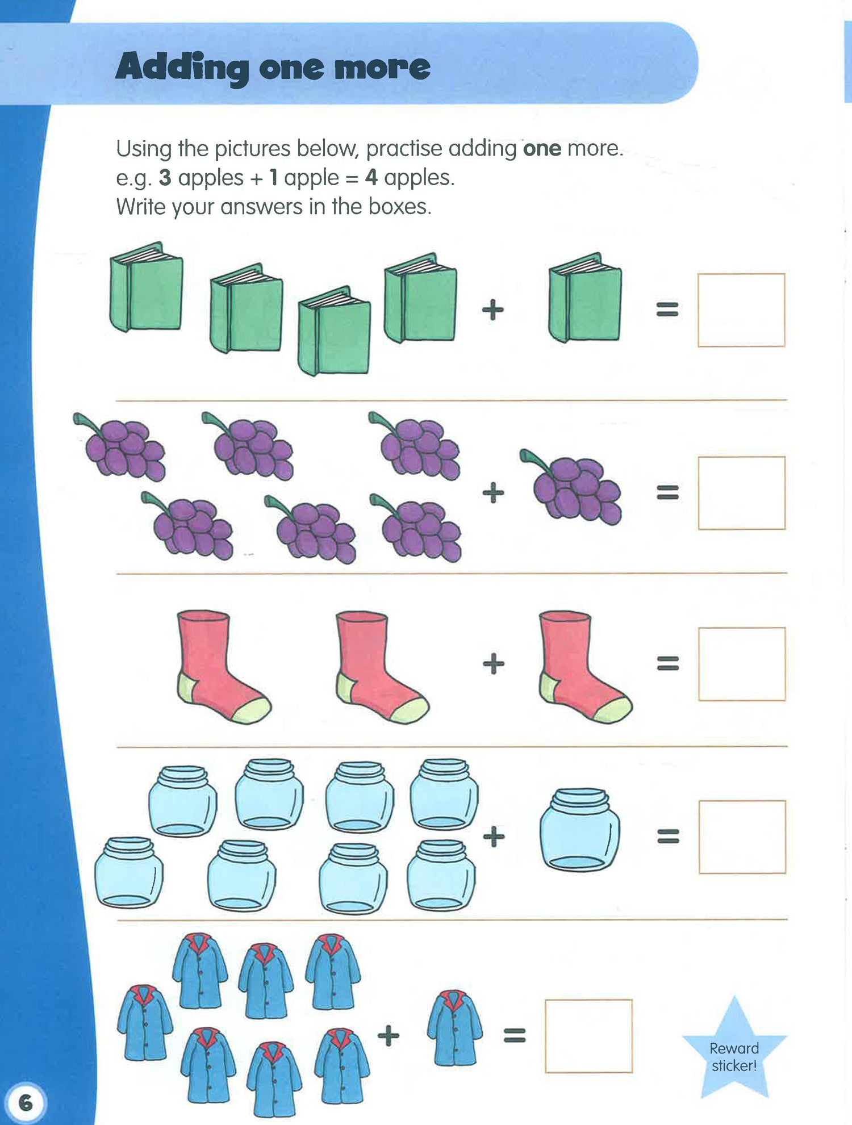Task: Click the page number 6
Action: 26,1103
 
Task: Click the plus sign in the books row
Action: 493,310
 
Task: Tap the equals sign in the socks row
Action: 668,663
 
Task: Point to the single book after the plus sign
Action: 585,297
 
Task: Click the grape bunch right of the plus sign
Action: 570,486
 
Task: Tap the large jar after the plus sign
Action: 579,829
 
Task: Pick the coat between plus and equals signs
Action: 454,1027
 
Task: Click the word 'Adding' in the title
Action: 182,68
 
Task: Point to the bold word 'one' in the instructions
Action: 542,149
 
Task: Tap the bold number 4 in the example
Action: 371,178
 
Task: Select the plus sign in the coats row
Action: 389,1035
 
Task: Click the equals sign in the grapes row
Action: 668,492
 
